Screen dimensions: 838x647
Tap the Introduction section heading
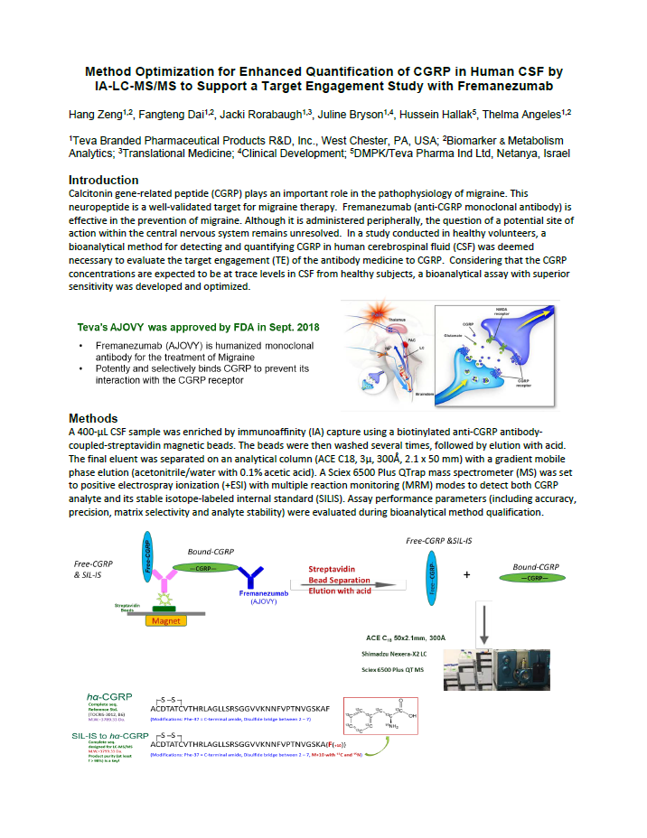pyautogui.click(x=104, y=181)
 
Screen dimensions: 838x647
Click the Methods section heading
pyautogui.click(x=93, y=418)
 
